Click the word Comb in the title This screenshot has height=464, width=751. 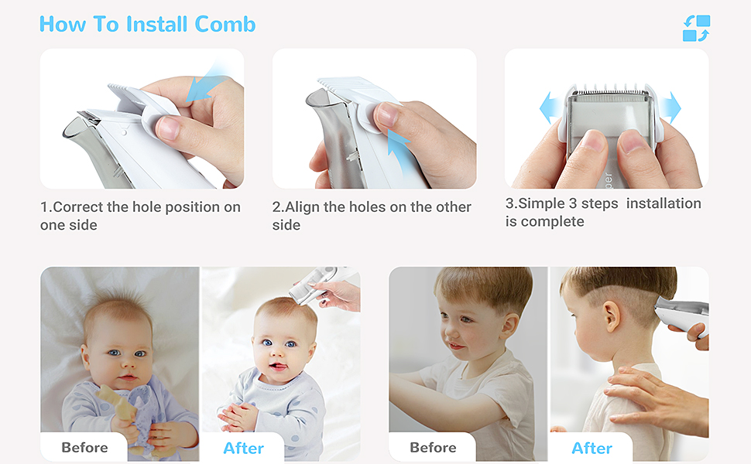coord(225,25)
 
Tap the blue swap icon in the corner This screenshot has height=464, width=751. coord(696,28)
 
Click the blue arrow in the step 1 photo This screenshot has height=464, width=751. coord(206,84)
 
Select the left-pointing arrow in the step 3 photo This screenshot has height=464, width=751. coord(550,107)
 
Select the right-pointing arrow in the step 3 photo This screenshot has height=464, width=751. coord(671,107)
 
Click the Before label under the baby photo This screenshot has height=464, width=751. coord(84,447)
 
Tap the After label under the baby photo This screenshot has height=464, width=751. coord(243,449)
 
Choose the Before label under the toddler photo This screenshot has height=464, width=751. coord(433,447)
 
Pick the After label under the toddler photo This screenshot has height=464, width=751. coord(592,449)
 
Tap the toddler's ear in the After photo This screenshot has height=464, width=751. coord(611,316)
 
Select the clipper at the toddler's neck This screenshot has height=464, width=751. coord(681,313)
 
